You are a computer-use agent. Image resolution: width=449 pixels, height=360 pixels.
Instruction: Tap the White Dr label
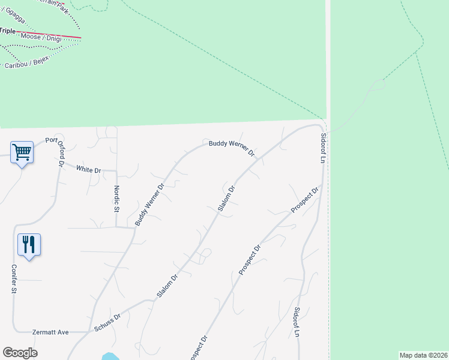[88, 170]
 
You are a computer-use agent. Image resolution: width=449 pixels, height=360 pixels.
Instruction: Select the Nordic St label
[117, 197]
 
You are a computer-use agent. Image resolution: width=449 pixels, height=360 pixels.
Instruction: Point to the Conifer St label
[13, 279]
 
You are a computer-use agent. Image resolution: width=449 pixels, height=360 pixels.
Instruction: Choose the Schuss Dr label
[107, 323]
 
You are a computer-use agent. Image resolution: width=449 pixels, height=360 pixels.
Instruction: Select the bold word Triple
[7, 31]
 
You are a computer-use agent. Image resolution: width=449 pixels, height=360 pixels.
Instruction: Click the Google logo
[20, 353]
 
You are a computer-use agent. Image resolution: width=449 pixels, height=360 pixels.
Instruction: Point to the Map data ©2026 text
[423, 355]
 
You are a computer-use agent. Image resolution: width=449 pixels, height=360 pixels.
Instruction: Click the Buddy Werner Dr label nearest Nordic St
[149, 205]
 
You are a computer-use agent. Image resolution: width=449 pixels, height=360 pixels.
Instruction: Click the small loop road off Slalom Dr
[205, 256]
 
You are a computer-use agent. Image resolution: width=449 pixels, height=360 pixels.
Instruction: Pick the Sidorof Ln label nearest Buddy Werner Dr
[322, 148]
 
